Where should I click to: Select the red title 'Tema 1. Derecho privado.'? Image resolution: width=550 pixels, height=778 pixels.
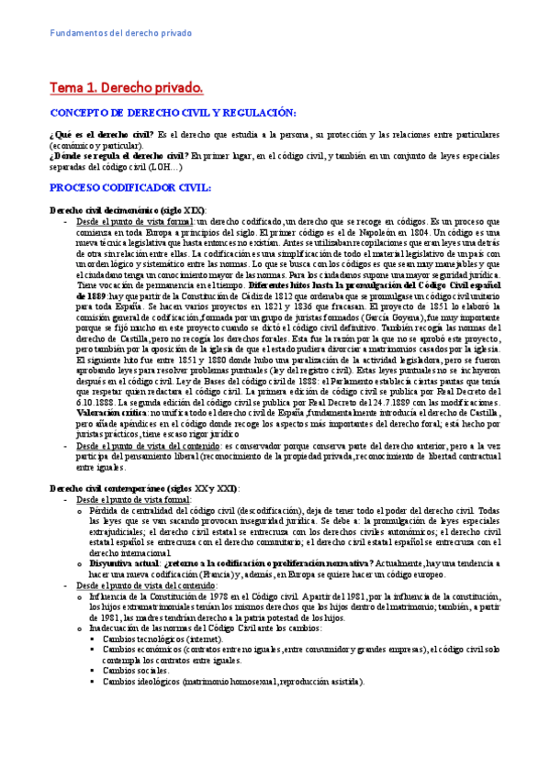[x=125, y=88]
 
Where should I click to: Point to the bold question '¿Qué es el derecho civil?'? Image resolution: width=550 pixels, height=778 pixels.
[x=101, y=134]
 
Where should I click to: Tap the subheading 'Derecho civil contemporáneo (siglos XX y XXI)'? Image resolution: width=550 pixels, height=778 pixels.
[x=144, y=488]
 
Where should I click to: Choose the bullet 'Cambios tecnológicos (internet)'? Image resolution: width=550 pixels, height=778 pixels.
[x=166, y=638]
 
